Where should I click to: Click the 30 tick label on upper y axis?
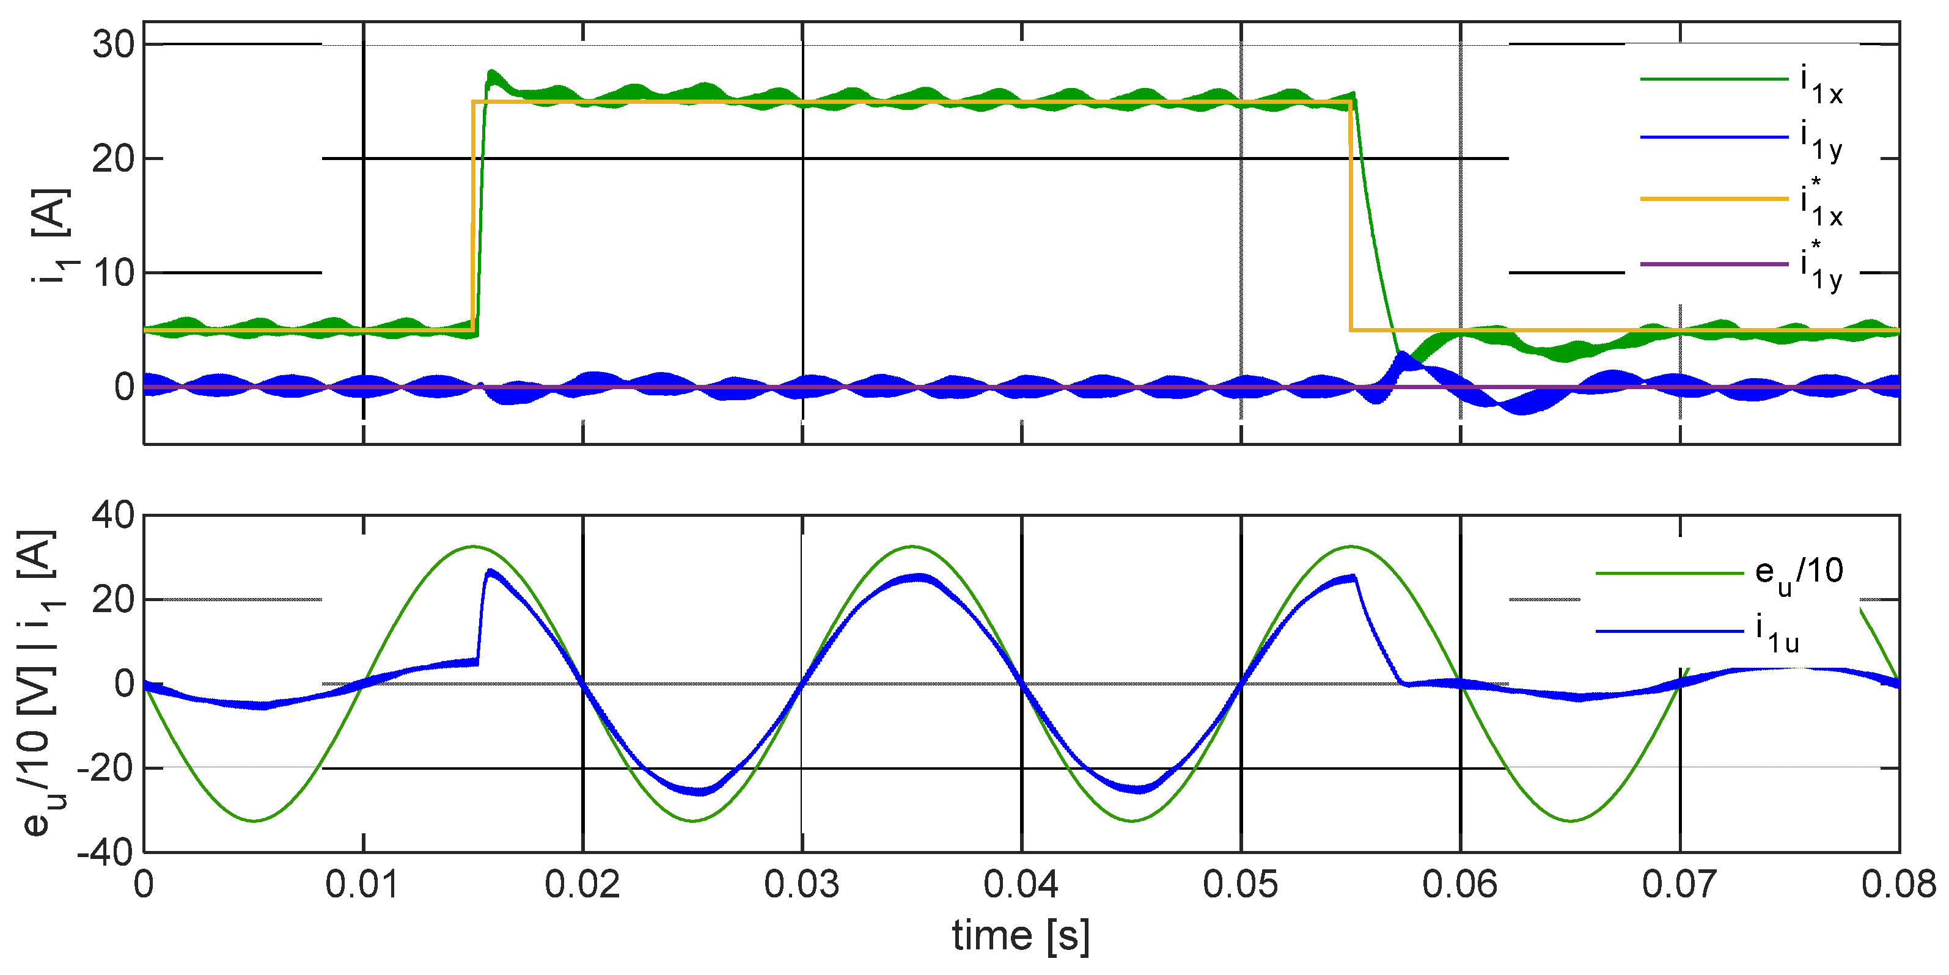[x=114, y=45]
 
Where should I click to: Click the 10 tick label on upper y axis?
[x=114, y=273]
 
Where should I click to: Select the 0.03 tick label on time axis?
[x=801, y=885]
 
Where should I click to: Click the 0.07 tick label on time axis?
[x=1679, y=885]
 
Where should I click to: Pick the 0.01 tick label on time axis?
[x=362, y=885]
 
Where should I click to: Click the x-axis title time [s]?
[x=1021, y=936]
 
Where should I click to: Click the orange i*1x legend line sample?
[x=1713, y=199]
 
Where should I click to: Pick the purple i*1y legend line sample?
[x=1713, y=264]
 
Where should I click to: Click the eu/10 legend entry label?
[x=1799, y=574]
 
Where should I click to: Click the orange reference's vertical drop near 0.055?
[x=1351, y=219]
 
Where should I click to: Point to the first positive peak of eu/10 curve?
[x=473, y=546]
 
